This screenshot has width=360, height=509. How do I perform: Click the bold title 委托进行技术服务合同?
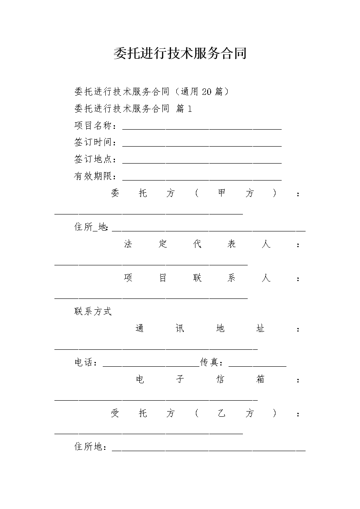180,53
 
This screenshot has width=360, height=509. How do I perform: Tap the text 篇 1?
184,109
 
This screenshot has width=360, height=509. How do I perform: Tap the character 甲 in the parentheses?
222,193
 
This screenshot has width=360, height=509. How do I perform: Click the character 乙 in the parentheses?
222,413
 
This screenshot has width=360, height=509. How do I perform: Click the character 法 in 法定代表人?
128,244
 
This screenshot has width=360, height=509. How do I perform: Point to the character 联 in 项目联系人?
197,278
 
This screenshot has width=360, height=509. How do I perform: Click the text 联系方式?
93,311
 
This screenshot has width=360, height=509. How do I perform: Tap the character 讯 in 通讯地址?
180,328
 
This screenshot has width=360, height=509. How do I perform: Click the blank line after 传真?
257,365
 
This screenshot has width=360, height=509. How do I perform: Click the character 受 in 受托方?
115,413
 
